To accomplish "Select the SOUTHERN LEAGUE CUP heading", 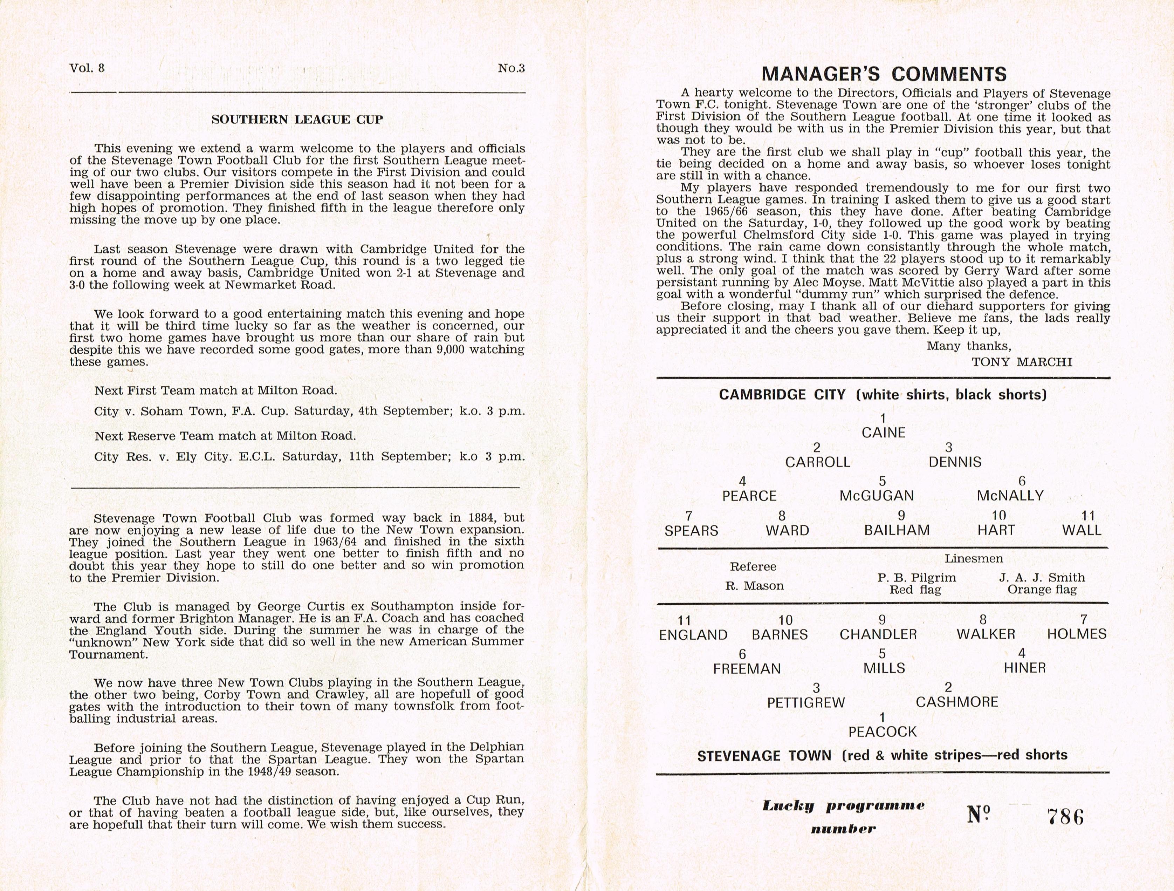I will point(297,120).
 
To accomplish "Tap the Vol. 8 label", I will point(87,68).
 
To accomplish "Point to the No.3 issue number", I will point(511,68).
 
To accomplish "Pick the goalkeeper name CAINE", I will point(883,433).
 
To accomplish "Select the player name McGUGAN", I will point(877,496).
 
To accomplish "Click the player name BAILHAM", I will point(897,530).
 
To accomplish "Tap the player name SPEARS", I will point(691,530).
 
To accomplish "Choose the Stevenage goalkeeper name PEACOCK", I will point(882,732).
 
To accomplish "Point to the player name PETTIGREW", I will point(806,702).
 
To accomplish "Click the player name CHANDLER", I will point(878,634).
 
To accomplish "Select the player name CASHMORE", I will point(957,702).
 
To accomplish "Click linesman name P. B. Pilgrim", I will point(916,577).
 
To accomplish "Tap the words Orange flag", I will point(1042,590).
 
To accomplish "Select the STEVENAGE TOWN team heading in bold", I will point(764,756).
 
